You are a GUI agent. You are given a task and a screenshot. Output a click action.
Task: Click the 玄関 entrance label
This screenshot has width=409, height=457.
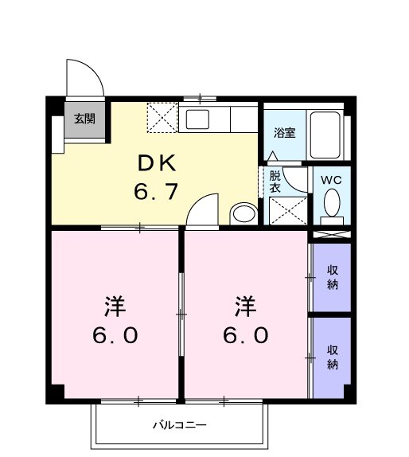tap(85, 119)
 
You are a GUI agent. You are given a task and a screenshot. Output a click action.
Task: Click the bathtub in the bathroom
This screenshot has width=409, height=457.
tap(326, 136)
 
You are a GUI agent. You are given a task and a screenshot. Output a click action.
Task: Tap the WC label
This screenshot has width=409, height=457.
tap(330, 180)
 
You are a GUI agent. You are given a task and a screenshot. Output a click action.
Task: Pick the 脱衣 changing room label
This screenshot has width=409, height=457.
tap(275, 182)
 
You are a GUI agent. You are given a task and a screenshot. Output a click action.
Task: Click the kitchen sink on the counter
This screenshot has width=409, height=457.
tap(197, 120)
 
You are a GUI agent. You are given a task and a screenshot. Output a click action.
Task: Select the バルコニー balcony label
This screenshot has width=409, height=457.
tap(180, 425)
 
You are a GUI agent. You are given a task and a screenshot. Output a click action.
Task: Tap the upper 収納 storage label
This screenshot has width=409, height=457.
tap(332, 278)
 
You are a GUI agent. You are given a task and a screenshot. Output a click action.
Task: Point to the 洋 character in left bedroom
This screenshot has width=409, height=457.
tap(115, 306)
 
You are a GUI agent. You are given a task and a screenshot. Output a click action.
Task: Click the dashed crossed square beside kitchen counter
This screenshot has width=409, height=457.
tap(163, 119)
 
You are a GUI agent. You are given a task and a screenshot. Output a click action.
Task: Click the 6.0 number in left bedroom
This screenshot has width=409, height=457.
tap(115, 335)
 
